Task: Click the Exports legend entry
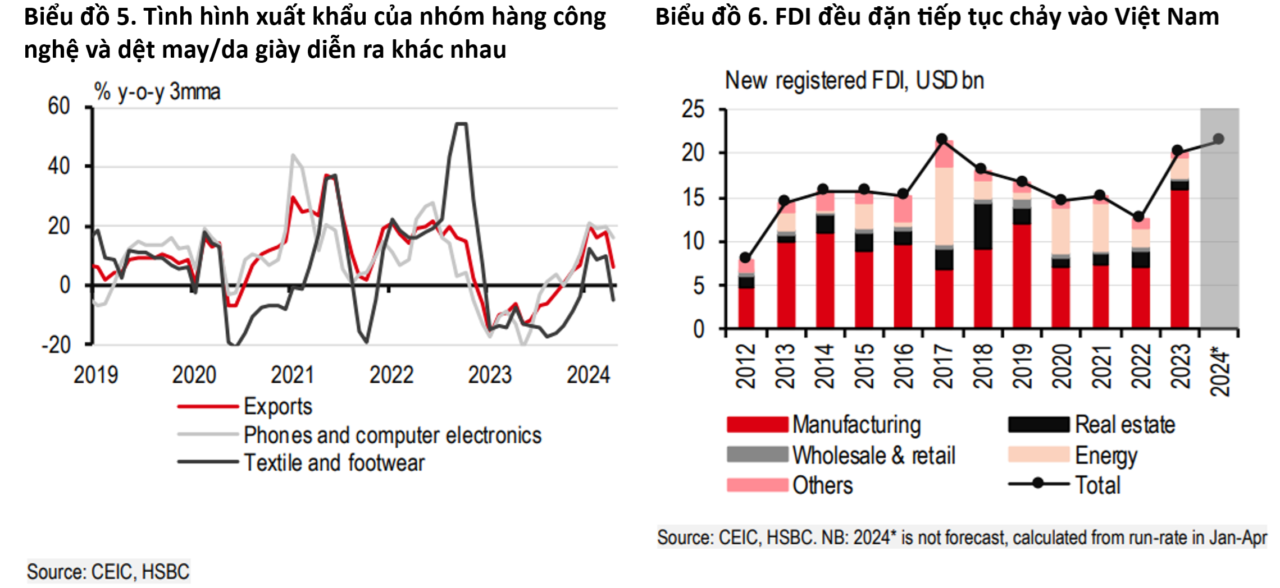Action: [x=277, y=406]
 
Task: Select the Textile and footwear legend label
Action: [x=334, y=463]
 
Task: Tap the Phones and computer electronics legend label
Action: [x=392, y=435]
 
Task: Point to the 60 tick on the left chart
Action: [x=59, y=106]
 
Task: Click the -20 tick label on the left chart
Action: [x=56, y=344]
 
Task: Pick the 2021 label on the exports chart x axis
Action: [x=292, y=375]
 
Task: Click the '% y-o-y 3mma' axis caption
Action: [x=157, y=91]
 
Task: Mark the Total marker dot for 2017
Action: [x=942, y=139]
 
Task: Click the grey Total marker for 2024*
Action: [x=1218, y=139]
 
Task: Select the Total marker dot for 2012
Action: [x=745, y=258]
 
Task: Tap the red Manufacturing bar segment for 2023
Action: [x=1179, y=258]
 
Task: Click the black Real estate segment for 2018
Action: [x=983, y=226]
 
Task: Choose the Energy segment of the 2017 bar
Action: [x=944, y=206]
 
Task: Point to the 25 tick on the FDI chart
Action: [x=693, y=109]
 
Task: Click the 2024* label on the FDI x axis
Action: [x=1219, y=373]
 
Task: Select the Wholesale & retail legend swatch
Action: [x=757, y=454]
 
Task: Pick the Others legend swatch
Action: [x=757, y=485]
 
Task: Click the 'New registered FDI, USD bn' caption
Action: [x=854, y=81]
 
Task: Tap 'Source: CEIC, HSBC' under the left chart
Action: [x=108, y=572]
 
